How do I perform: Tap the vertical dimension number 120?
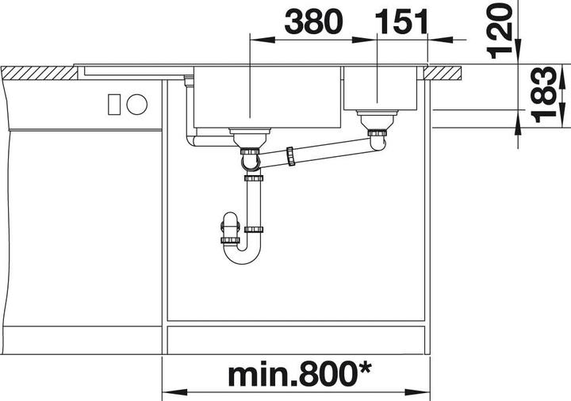(x=498, y=30)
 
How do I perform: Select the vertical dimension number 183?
(x=542, y=94)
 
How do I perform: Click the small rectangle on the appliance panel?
(x=113, y=102)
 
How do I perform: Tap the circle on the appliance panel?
(x=136, y=102)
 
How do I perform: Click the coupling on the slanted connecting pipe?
(x=292, y=155)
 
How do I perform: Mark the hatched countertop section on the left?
(x=40, y=72)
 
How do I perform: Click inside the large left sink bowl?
(x=266, y=99)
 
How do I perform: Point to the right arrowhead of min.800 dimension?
(x=423, y=391)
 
